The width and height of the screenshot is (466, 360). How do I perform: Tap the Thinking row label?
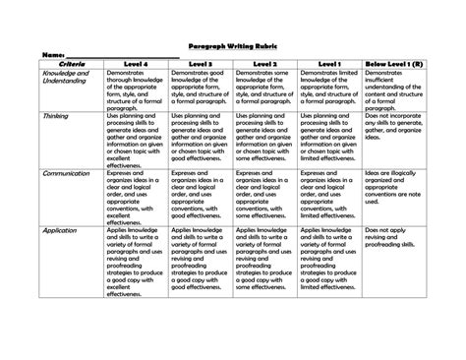[x=56, y=115]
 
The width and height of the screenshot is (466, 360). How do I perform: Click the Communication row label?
[x=67, y=172]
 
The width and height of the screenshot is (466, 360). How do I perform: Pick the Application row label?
[x=61, y=229]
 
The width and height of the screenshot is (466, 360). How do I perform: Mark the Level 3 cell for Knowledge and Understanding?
[x=200, y=89]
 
